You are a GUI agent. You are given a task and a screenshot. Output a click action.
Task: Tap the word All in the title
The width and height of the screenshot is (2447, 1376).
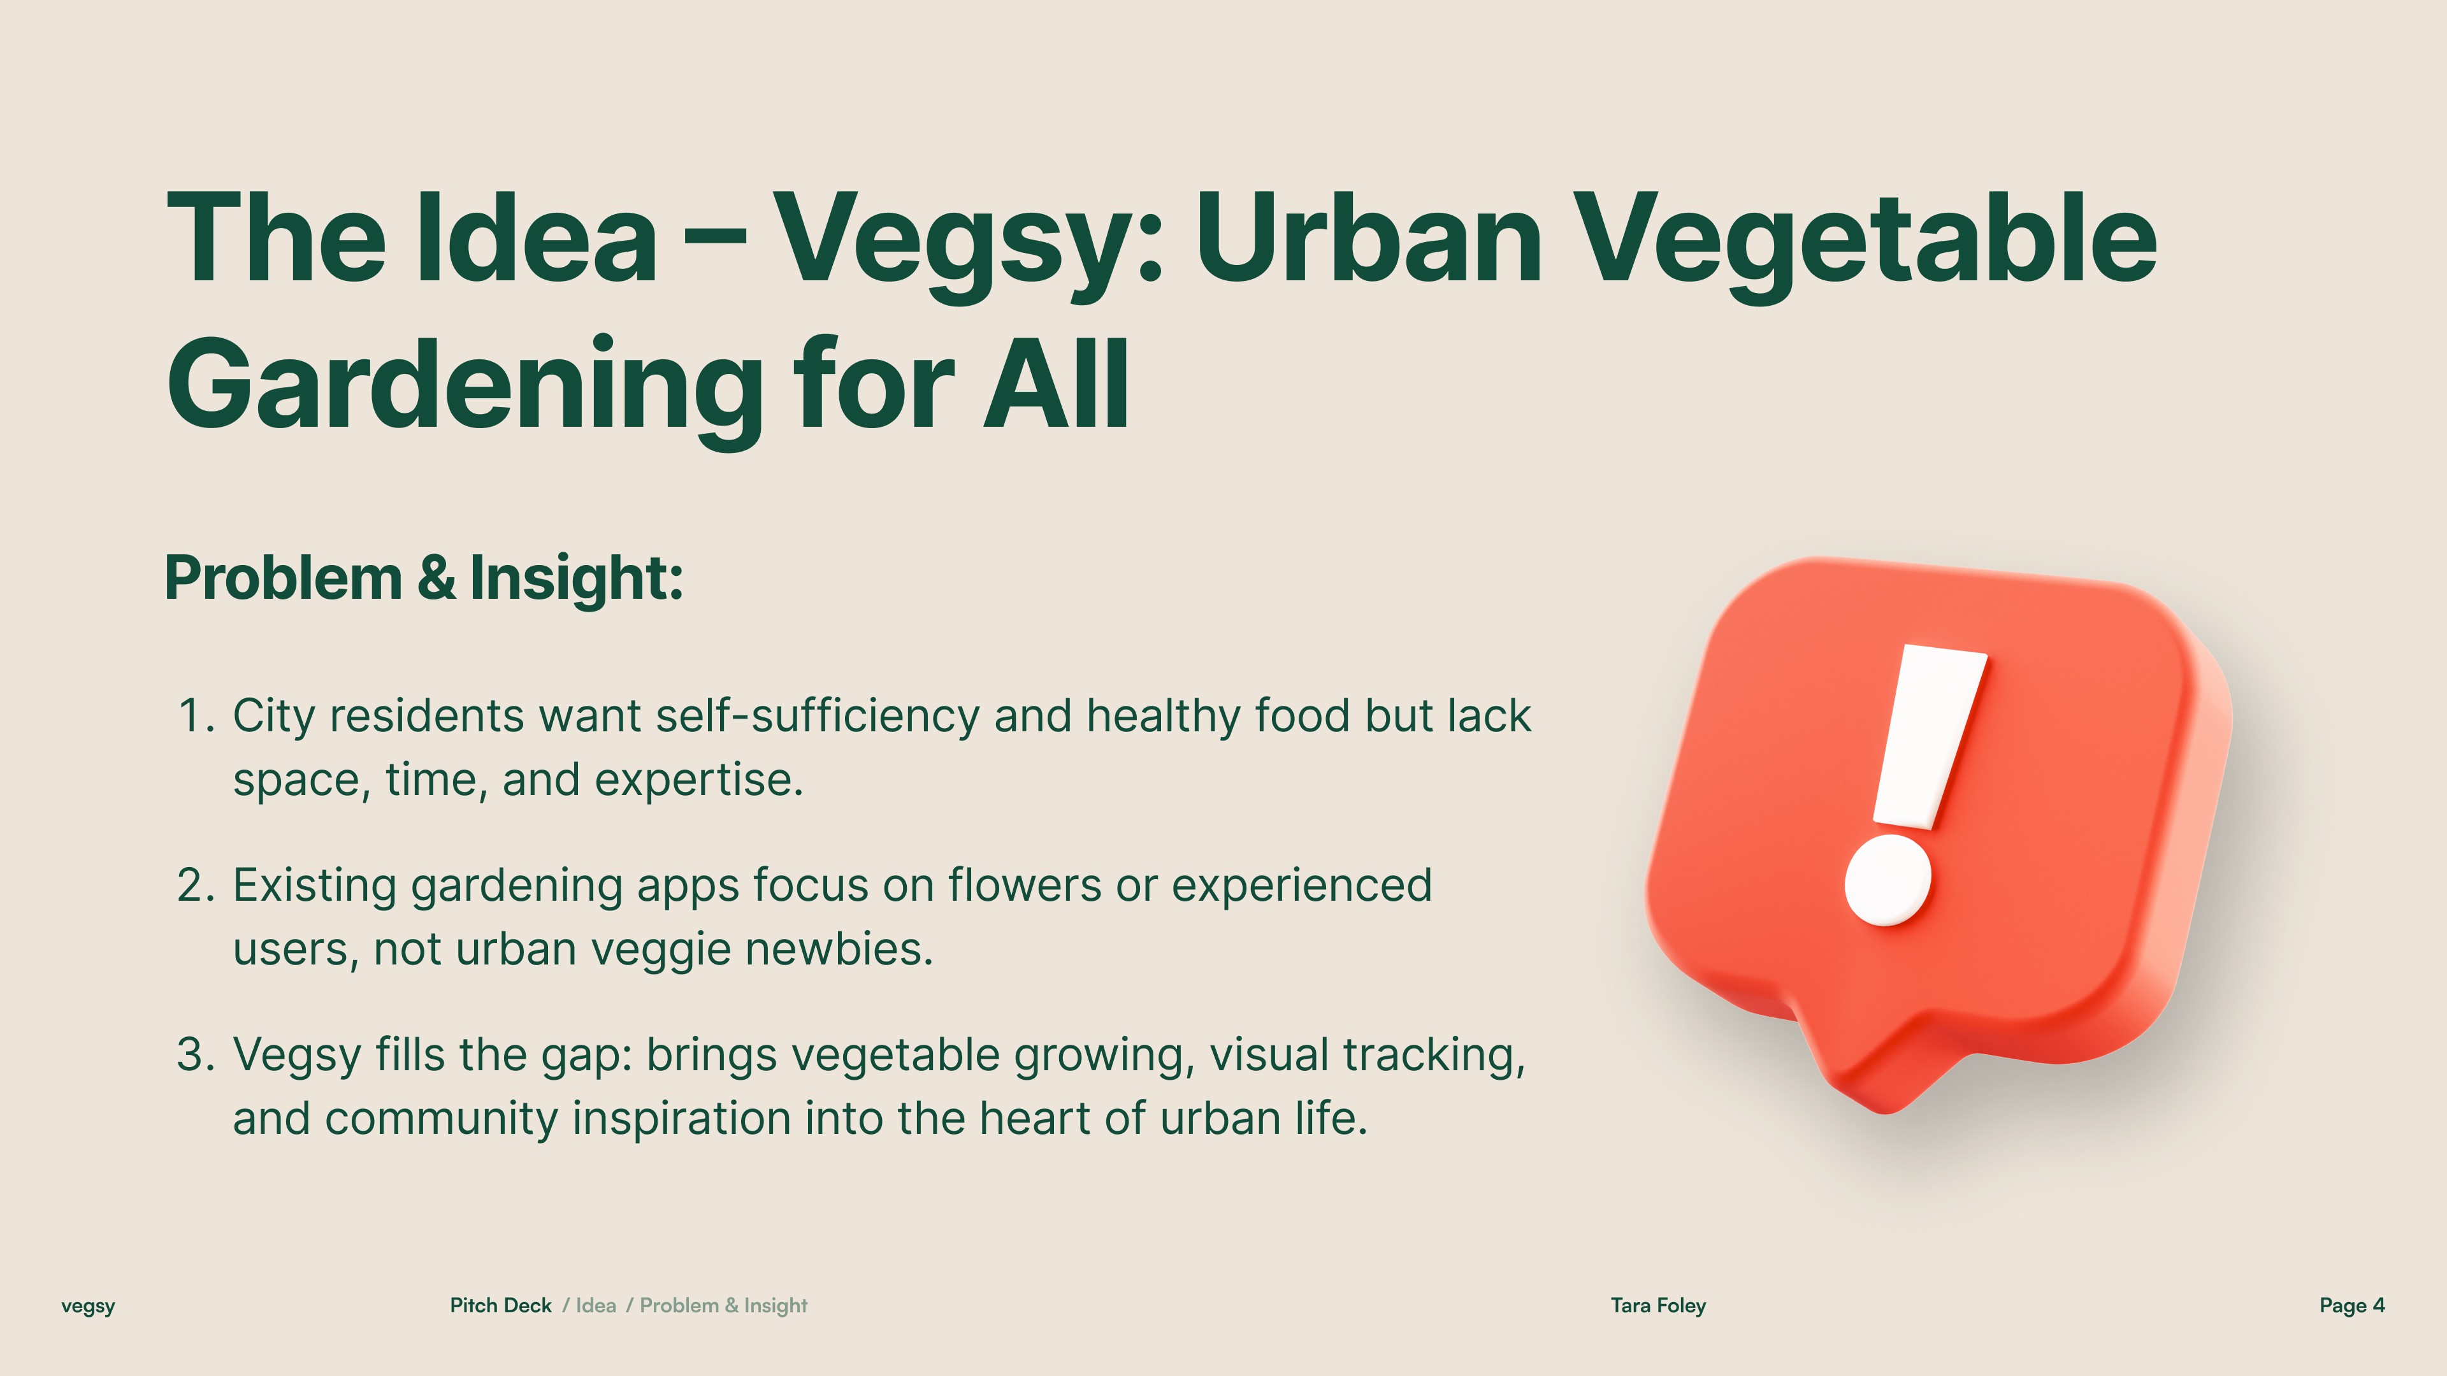1057,383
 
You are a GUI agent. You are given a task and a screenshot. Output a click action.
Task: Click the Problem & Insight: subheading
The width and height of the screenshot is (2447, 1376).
424,578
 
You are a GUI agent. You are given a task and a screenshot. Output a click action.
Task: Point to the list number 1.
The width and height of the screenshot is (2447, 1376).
197,716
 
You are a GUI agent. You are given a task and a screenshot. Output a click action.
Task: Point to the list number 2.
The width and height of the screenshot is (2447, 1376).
197,885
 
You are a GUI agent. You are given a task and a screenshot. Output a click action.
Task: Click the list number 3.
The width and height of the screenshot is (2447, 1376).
197,1054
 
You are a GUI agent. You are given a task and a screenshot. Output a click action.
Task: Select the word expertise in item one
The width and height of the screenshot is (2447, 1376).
699,780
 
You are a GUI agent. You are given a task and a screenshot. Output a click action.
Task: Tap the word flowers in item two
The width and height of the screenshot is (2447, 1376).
1024,885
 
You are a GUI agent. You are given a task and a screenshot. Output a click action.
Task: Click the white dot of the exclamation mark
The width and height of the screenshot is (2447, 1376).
1888,880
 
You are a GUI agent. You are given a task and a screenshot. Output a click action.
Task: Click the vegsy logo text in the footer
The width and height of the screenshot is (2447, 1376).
89,1307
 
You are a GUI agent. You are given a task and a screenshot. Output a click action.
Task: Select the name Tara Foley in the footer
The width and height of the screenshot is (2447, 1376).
1659,1306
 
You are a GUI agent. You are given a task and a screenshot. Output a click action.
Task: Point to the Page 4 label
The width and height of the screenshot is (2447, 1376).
2352,1306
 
